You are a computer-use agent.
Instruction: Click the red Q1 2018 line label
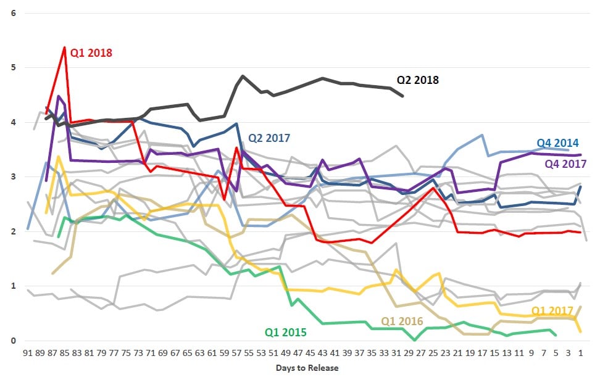[x=91, y=52]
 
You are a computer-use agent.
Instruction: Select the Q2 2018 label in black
[x=417, y=80]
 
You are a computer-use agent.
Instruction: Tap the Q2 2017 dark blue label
[x=269, y=138]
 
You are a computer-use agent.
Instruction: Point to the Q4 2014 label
[x=557, y=143]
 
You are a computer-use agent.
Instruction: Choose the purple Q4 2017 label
[x=565, y=164]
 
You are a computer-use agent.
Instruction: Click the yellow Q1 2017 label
[x=552, y=310]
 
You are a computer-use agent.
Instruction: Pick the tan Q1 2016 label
[x=402, y=321]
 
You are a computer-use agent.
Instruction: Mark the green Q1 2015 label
[x=286, y=332]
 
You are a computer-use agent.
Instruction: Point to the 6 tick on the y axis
[x=14, y=12]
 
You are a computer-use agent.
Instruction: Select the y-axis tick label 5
[x=14, y=67]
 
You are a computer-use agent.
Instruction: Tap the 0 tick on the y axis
[x=14, y=341]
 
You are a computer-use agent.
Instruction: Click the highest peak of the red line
[x=64, y=47]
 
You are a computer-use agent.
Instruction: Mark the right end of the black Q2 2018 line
[x=403, y=96]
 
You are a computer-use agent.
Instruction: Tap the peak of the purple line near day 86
[x=58, y=96]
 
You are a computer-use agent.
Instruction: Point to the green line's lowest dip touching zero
[x=415, y=340]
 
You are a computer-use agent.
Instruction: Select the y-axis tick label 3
[x=14, y=177]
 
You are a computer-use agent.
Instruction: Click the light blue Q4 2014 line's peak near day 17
[x=482, y=135]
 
